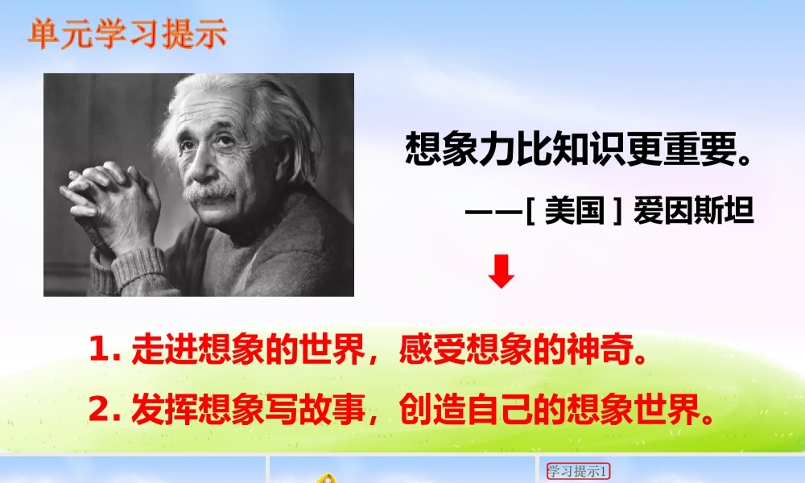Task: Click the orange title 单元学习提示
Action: (x=127, y=35)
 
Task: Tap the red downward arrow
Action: (x=501, y=271)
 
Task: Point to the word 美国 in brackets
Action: (x=575, y=210)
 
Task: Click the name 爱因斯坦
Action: (x=694, y=210)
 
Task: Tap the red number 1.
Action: (x=101, y=349)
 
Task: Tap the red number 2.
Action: (x=101, y=409)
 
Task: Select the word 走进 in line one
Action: (x=164, y=349)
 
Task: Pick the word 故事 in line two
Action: (x=332, y=409)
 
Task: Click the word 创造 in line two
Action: (x=432, y=409)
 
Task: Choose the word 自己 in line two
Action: (x=499, y=409)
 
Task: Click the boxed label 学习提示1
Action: (x=578, y=471)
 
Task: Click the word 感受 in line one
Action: (x=432, y=349)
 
